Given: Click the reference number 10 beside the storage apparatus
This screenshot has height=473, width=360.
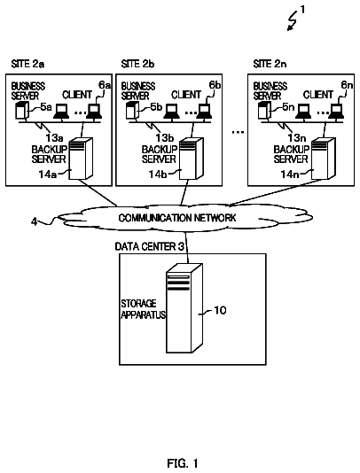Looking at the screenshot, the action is click(220, 310).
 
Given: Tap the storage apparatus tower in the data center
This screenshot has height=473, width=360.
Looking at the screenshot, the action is click(184, 308).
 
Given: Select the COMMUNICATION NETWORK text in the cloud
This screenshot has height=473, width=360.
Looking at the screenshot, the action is click(177, 218).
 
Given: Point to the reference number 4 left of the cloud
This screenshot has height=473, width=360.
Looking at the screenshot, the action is click(34, 221).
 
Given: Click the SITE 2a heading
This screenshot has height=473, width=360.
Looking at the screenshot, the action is click(27, 64).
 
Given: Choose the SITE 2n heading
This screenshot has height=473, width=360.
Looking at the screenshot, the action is click(270, 64).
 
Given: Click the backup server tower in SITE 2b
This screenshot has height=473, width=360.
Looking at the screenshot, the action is click(192, 159).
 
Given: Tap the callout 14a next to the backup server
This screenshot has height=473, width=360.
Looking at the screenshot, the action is click(47, 174).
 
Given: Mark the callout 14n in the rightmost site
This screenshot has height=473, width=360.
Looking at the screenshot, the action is click(290, 174).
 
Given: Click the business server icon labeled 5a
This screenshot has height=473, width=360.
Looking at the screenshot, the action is click(22, 111).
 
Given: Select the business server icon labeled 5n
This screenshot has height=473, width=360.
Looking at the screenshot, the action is click(264, 111).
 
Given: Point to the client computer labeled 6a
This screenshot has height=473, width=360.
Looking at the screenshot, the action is click(94, 112).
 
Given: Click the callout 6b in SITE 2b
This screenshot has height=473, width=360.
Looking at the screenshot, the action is click(215, 85).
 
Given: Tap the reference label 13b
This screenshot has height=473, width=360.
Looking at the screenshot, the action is click(165, 138).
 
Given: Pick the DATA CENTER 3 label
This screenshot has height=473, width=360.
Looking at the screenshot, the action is click(150, 247).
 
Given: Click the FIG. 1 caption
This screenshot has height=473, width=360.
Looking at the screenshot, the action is click(183, 463).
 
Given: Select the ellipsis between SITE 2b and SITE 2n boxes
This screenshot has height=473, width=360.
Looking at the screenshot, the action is click(238, 132).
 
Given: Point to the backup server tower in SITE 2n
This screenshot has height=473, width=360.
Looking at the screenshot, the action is click(323, 159).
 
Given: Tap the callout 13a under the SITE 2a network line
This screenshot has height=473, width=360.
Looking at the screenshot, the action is click(54, 138).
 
